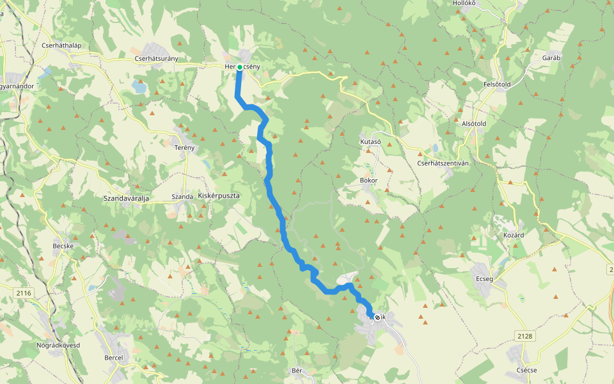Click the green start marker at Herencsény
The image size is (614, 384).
pos(240,67)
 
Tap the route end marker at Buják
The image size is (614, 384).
pos(377,317)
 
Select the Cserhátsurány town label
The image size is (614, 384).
pos(156,59)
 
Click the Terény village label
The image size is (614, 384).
pos(184,147)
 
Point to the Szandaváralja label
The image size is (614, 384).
pos(126,199)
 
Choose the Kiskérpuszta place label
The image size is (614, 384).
pos(219,195)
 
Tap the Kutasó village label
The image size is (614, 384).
pos(370,141)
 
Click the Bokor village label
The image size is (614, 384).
pos(369,180)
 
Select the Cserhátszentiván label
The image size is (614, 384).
pos(443,163)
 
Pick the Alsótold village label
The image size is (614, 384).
pos(474,124)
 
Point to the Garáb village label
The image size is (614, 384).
pos(551,58)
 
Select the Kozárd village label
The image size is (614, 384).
pos(513,235)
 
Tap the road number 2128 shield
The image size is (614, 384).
pos(524,335)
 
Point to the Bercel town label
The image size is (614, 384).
pos(113,357)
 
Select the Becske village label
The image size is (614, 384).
pos(65,246)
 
